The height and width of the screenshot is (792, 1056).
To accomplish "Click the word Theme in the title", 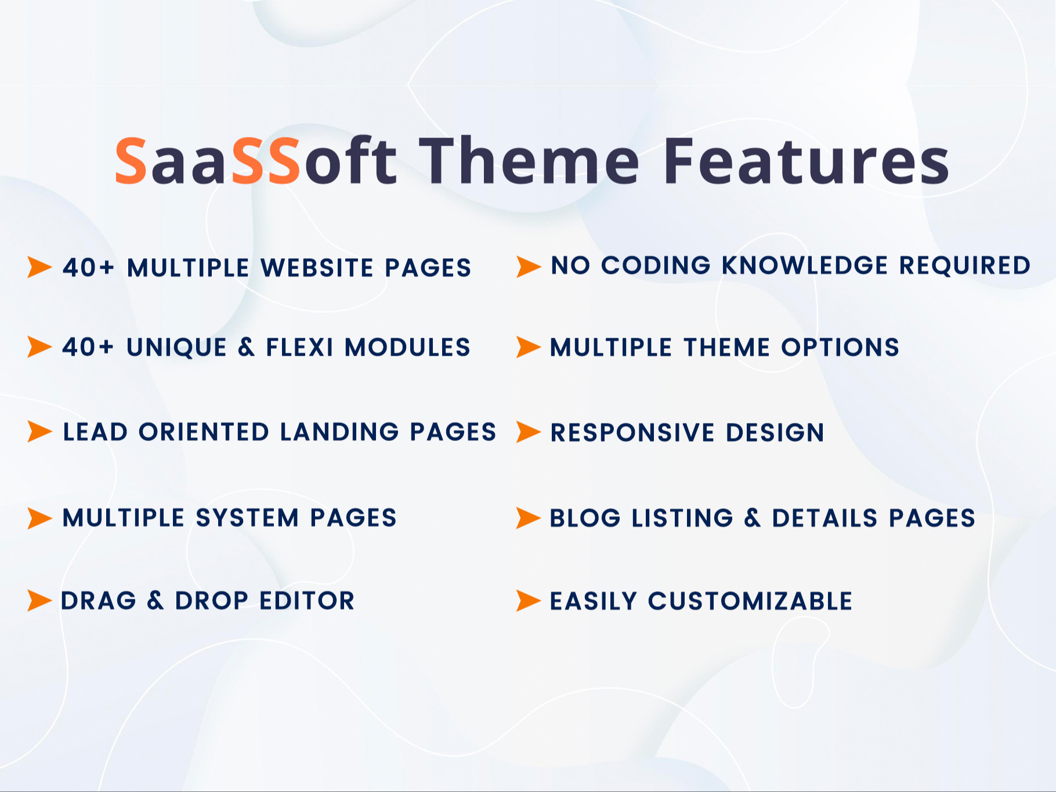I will click(x=529, y=161).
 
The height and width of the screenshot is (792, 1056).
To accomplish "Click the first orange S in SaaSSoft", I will click(x=131, y=162).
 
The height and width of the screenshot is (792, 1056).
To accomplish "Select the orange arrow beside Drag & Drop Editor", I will click(x=39, y=601).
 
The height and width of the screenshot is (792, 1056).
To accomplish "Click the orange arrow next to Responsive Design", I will click(x=528, y=432).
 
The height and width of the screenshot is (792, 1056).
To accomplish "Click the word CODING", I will click(x=656, y=266).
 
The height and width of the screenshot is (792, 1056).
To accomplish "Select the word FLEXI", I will click(x=299, y=348).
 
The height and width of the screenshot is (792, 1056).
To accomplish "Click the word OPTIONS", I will click(x=840, y=348).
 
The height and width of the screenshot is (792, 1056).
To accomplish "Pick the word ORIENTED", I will click(x=204, y=432).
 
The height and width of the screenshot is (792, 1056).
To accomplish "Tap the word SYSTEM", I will click(x=247, y=518).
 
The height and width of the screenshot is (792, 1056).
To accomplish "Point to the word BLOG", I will click(x=585, y=518).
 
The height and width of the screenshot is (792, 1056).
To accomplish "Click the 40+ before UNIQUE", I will click(x=88, y=348).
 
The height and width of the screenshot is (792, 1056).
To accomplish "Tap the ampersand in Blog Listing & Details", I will click(x=752, y=518).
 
